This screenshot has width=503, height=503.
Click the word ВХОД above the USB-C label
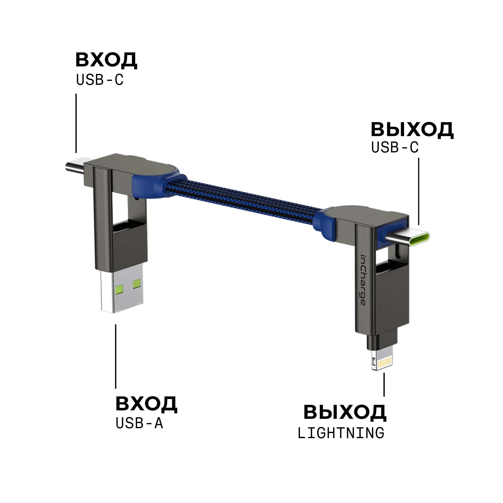(x=106, y=60)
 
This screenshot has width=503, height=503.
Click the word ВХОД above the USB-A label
(x=146, y=404)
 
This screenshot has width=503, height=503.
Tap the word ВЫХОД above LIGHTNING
(x=345, y=412)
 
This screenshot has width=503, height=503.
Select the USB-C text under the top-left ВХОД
(x=100, y=80)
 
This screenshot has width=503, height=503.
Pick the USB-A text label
(x=139, y=423)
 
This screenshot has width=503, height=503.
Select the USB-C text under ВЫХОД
(x=395, y=147)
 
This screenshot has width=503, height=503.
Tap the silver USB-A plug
(x=121, y=289)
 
